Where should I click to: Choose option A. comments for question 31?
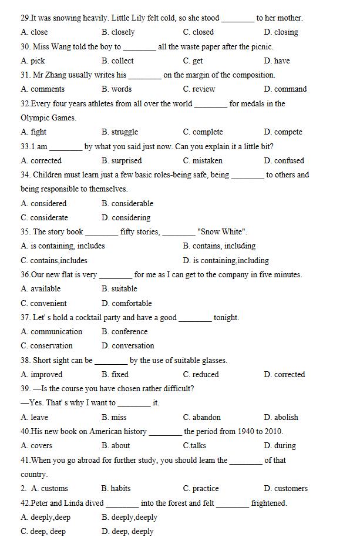(43, 89)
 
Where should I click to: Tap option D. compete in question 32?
(283, 132)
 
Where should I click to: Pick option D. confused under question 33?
(284, 160)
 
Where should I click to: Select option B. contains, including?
(219, 246)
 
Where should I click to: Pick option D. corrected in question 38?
(284, 374)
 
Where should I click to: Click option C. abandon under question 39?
(202, 418)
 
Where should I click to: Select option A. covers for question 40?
(36, 446)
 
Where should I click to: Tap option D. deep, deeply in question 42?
(127, 532)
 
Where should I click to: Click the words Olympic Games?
(48, 118)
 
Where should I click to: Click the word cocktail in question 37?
(86, 318)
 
